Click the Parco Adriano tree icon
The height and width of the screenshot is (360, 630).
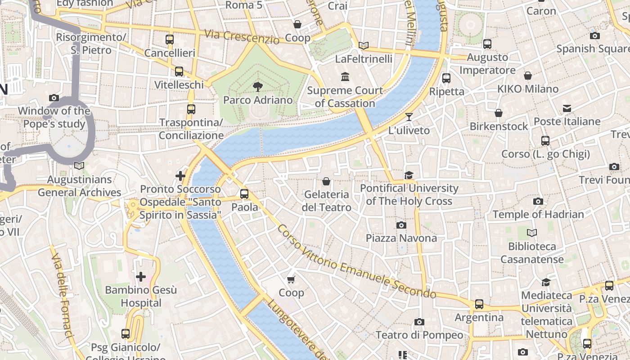pyautogui.click(x=258, y=86)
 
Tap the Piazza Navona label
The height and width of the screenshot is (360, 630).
pyautogui.click(x=401, y=238)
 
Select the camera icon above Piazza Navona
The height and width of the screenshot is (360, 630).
pyautogui.click(x=401, y=225)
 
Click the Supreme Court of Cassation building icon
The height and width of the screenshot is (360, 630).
pyautogui.click(x=345, y=77)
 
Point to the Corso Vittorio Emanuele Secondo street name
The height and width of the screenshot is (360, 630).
pyautogui.click(x=356, y=261)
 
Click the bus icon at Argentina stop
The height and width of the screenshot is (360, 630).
pyautogui.click(x=479, y=304)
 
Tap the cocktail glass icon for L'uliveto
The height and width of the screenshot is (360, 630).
pyautogui.click(x=409, y=117)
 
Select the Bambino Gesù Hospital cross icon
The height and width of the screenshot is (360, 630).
pyautogui.click(x=141, y=276)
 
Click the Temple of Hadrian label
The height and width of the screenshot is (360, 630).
pyautogui.click(x=538, y=214)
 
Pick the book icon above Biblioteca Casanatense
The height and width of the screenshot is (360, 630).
pyautogui.click(x=532, y=233)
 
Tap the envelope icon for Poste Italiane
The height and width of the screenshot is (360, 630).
pyautogui.click(x=567, y=108)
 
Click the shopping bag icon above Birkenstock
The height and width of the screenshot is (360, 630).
pyautogui.click(x=498, y=113)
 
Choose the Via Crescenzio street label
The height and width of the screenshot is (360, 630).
pyautogui.click(x=241, y=37)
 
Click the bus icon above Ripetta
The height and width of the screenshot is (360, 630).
pyautogui.click(x=446, y=78)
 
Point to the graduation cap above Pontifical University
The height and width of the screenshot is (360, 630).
pyautogui.click(x=409, y=175)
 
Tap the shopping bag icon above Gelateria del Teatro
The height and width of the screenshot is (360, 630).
pyautogui.click(x=326, y=181)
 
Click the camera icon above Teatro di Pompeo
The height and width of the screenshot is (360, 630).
pyautogui.click(x=419, y=322)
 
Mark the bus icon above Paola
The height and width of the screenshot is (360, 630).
pyautogui.click(x=244, y=194)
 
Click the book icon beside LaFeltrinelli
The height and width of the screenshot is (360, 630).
pyautogui.click(x=364, y=45)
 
